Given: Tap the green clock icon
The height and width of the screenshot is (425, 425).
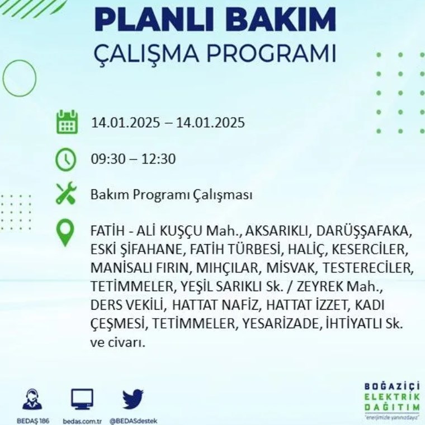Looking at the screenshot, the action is (66, 160).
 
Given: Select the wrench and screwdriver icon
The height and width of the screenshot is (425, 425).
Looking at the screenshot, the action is (66, 193).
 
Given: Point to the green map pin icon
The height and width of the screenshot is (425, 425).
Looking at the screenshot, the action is (65, 232).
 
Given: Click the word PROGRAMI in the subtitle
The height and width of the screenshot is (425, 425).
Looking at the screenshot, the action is (271, 54).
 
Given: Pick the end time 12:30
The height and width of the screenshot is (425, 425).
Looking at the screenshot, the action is (159, 159).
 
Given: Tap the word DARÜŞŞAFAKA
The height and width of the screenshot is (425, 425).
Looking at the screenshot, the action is (362, 231).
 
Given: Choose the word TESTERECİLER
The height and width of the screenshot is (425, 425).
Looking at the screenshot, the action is (367, 268).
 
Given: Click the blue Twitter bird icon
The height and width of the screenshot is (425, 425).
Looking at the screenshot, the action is (133, 399).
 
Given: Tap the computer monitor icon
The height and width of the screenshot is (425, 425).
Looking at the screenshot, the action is (82, 399).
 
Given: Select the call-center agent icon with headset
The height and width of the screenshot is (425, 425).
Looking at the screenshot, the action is (32, 399).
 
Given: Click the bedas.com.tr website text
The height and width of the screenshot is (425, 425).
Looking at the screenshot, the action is (82, 421).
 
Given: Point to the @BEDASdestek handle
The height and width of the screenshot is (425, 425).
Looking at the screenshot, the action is (133, 421).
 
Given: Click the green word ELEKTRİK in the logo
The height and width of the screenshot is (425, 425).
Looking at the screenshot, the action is (391, 397).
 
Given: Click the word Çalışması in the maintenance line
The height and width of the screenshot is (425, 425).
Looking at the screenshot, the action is (223, 195).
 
